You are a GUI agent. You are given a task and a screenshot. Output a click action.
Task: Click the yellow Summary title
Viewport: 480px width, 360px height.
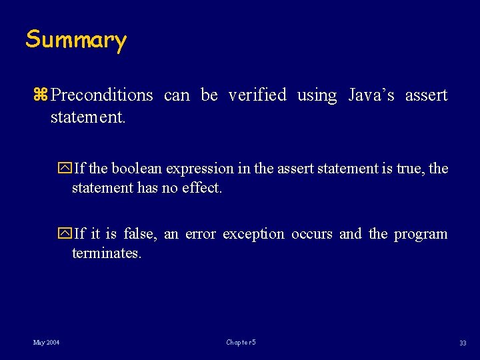tap(76, 40)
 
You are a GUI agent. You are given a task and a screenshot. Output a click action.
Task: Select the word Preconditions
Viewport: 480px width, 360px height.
tap(102, 95)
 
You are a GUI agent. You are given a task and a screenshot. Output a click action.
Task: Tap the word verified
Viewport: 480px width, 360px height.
tap(257, 95)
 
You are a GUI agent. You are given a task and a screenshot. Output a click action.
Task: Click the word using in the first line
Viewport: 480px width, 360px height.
tap(317, 96)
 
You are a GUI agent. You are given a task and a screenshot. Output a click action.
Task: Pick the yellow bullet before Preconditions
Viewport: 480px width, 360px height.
tap(41, 95)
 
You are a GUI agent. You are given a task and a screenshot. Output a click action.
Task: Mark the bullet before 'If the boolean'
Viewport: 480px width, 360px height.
tap(65, 169)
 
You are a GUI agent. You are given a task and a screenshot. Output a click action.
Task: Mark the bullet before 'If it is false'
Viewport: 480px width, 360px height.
tap(65, 234)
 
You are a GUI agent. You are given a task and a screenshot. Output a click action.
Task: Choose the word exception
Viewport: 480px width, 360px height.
tap(253, 235)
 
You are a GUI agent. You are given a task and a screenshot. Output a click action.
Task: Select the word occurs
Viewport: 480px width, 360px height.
tap(311, 234)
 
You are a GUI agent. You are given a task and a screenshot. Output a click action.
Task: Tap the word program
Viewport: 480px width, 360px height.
tap(420, 235)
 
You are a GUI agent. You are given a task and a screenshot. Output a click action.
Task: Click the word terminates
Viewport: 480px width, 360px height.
tap(107, 253)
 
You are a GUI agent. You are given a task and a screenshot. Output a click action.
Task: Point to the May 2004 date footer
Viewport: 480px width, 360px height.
tap(47, 343)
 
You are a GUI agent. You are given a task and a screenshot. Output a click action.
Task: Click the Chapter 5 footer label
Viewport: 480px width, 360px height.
tap(241, 343)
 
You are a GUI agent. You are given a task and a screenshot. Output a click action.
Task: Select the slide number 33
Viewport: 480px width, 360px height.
tap(462, 343)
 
